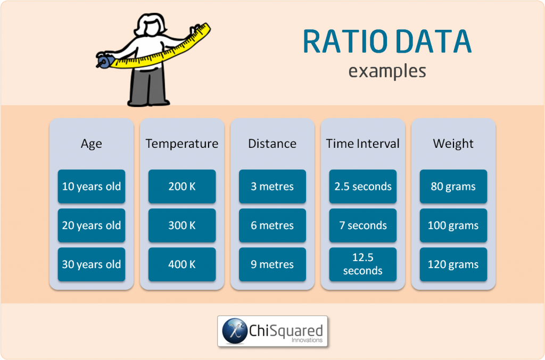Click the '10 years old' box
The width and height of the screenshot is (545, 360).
[x=92, y=187]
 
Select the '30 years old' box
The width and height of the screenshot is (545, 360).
[x=92, y=264]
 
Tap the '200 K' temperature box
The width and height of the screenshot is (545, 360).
[x=182, y=187]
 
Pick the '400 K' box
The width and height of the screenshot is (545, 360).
[x=182, y=264]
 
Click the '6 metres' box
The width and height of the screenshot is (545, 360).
[x=272, y=225]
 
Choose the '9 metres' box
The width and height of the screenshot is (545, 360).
[x=272, y=264]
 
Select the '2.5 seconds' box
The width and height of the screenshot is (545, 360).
[x=363, y=187]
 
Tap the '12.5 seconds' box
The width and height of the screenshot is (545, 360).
[x=363, y=264]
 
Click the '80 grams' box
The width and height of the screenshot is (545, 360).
[x=453, y=187]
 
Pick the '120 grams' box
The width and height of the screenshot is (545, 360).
[x=453, y=264]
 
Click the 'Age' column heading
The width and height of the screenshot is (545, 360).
[x=92, y=144]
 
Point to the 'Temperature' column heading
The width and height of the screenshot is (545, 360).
[x=182, y=144]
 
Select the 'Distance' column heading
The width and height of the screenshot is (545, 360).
[x=272, y=144]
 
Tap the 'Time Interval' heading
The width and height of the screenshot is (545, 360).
[x=363, y=144]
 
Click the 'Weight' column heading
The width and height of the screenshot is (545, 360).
[x=453, y=144]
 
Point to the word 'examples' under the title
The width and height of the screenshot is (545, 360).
[x=387, y=71]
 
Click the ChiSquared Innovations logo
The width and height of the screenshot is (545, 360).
[x=272, y=331]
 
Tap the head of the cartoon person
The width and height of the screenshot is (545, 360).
[x=150, y=24]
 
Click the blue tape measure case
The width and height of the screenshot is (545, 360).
[x=104, y=62]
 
